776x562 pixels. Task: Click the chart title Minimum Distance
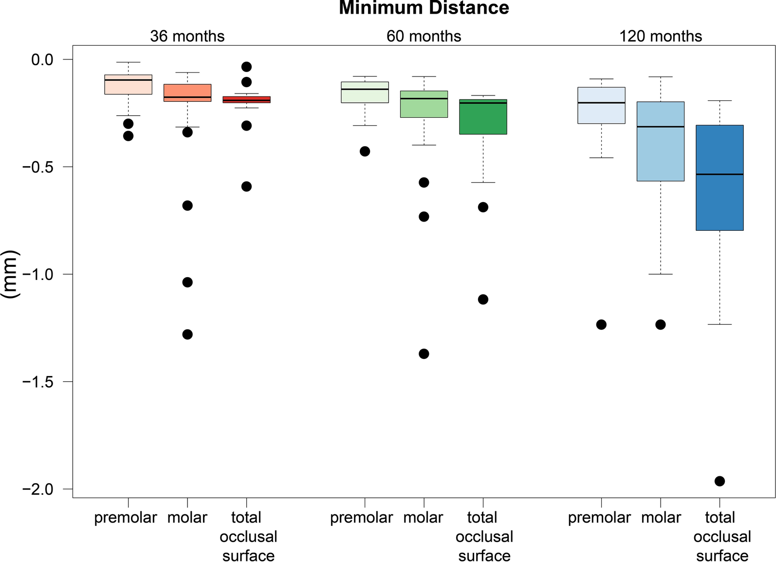point(424,8)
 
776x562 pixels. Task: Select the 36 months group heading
point(187,36)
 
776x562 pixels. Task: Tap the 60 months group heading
point(424,36)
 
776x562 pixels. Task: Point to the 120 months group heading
point(660,36)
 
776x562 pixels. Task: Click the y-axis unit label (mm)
point(10,274)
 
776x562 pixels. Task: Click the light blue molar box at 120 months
point(660,146)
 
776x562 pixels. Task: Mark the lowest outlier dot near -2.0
point(720,481)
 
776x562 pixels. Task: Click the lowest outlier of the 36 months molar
point(187,335)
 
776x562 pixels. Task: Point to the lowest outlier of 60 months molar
point(424,354)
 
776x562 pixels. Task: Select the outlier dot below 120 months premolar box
point(601,324)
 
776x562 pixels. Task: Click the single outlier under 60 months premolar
point(365,151)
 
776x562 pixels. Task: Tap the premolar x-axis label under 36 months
point(126,517)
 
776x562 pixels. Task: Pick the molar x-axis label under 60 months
point(423,517)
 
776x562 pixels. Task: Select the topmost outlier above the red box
point(246,67)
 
